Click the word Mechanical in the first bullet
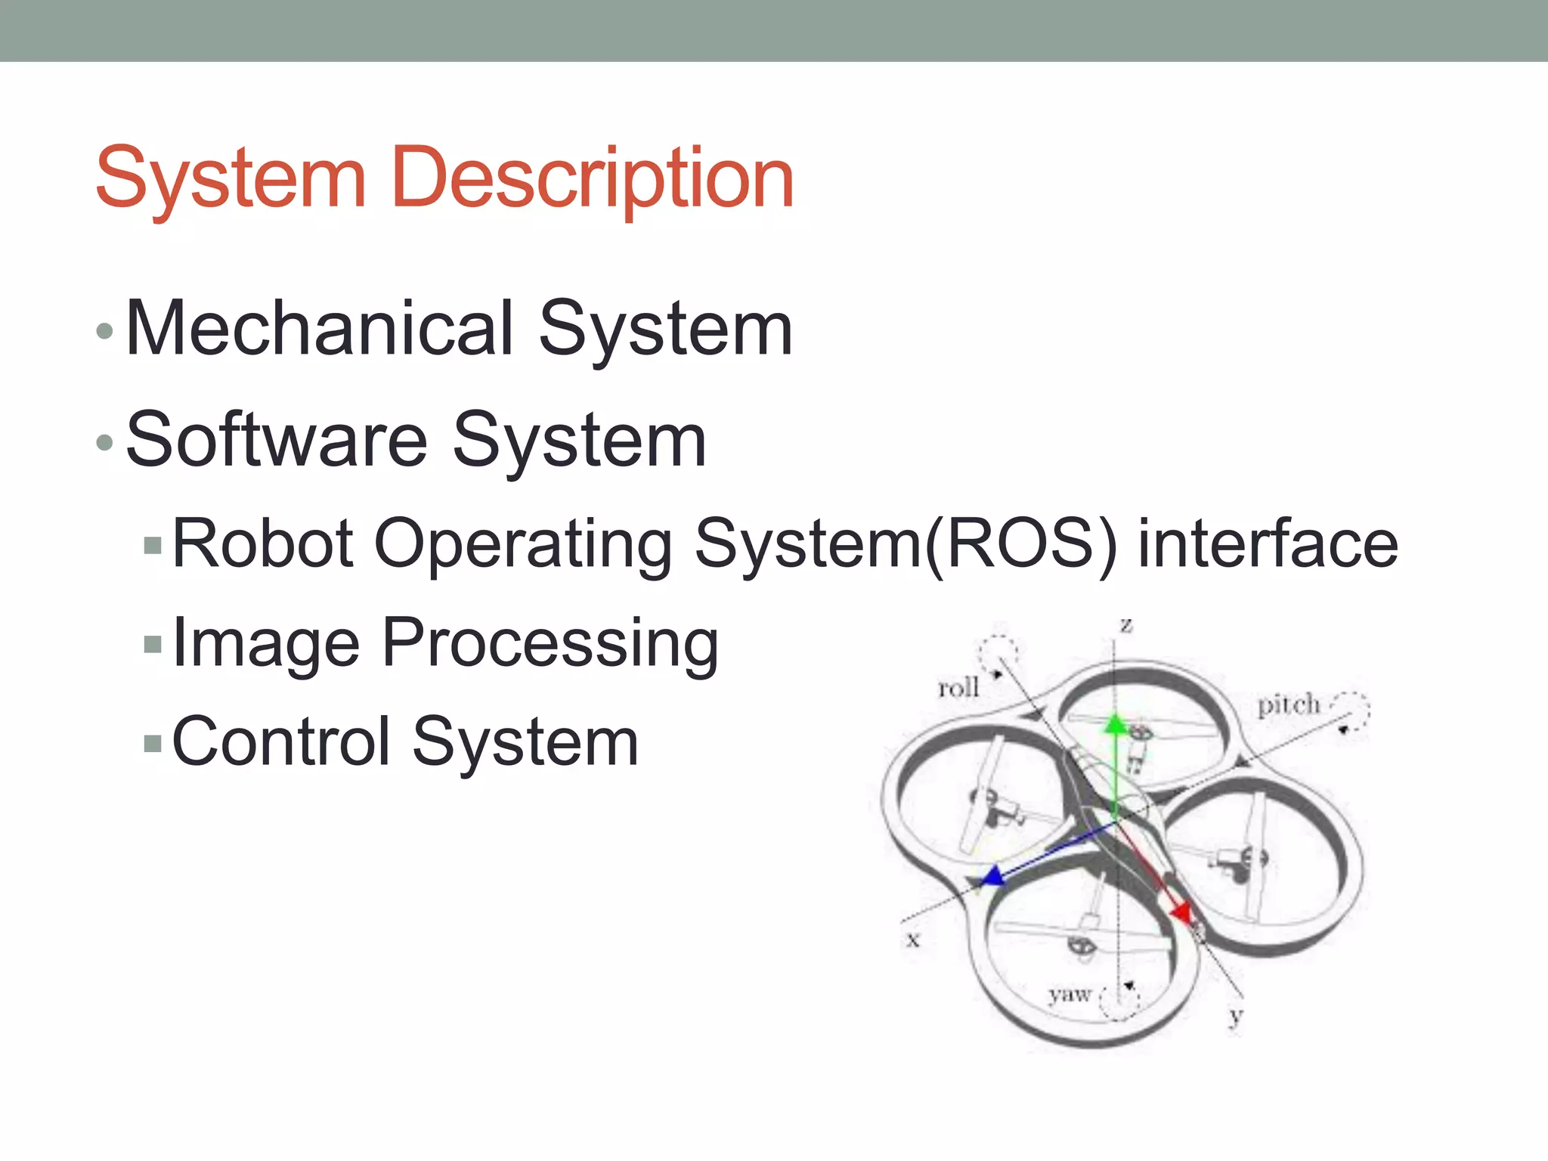tap(320, 328)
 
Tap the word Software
tap(277, 440)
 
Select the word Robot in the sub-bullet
tap(262, 543)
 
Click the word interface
tap(1268, 543)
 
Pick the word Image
tap(265, 644)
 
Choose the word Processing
tap(550, 644)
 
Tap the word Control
tap(280, 742)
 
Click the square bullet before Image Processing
tap(153, 644)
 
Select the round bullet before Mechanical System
tap(105, 330)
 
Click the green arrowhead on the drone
tap(1116, 724)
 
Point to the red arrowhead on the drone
tap(1181, 913)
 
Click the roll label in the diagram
tap(958, 688)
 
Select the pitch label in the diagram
tap(1288, 704)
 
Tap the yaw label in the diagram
tap(1070, 994)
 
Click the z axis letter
tap(1126, 626)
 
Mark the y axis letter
tap(1236, 1016)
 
